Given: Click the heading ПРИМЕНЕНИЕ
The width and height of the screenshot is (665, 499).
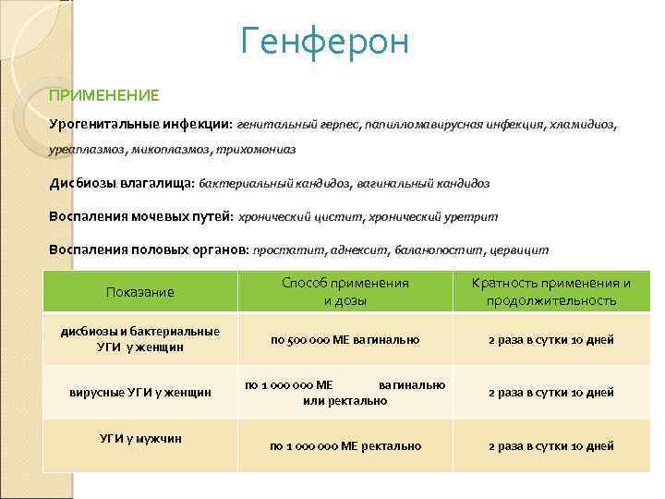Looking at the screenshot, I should click(x=104, y=95).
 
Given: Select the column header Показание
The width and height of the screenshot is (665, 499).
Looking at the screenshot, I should click(x=140, y=292).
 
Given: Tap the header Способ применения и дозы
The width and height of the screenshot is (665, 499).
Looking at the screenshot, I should click(x=345, y=292).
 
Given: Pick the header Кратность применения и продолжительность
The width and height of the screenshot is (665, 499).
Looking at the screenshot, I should click(x=550, y=292).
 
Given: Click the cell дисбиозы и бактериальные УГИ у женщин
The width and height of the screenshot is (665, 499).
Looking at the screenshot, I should click(x=140, y=339).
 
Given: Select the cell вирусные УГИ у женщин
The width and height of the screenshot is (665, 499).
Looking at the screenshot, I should click(x=140, y=393).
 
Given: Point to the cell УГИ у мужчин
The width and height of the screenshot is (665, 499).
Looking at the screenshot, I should click(x=140, y=438).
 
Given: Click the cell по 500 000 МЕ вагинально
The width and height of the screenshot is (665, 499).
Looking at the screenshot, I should click(x=345, y=340).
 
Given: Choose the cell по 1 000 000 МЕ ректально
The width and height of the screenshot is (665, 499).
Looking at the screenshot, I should click(x=345, y=446).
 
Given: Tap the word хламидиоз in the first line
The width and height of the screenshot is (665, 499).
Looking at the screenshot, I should click(x=584, y=123).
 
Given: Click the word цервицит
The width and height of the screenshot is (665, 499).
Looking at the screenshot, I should click(x=521, y=249).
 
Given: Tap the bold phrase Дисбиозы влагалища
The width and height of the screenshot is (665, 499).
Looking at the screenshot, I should click(x=121, y=183).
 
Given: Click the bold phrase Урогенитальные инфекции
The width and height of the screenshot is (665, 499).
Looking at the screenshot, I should click(x=140, y=123).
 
